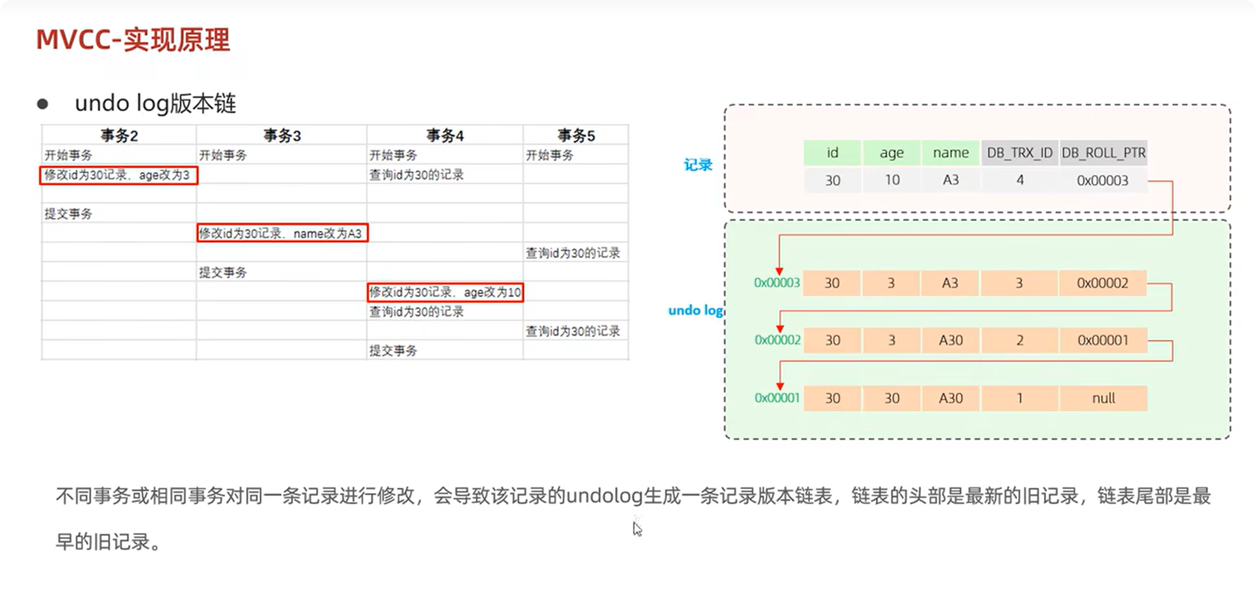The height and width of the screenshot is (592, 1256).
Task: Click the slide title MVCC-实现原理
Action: point(132,40)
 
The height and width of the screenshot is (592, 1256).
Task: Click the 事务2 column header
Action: point(119,136)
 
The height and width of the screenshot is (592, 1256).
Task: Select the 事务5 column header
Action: point(576,136)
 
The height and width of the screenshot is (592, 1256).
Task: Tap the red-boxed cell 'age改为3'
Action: point(118,175)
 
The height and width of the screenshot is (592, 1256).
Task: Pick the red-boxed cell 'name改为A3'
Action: point(282,233)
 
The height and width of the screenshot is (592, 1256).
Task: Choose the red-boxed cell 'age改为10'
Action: point(445,292)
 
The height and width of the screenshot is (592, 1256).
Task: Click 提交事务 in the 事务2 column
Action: point(68,214)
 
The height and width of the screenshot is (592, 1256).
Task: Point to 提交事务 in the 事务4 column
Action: point(393,351)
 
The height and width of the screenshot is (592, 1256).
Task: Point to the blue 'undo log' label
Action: point(695,310)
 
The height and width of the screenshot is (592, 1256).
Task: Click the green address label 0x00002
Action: point(777,340)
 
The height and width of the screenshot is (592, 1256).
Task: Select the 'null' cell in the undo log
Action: point(1103,398)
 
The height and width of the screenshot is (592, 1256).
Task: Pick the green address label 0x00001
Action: point(777,398)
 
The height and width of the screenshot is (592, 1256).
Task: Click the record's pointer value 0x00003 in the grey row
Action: point(1102,181)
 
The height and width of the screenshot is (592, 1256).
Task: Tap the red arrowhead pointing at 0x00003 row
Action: point(779,272)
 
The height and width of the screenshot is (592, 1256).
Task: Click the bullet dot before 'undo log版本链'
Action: point(43,104)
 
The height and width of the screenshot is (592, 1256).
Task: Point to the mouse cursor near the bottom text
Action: point(637,529)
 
